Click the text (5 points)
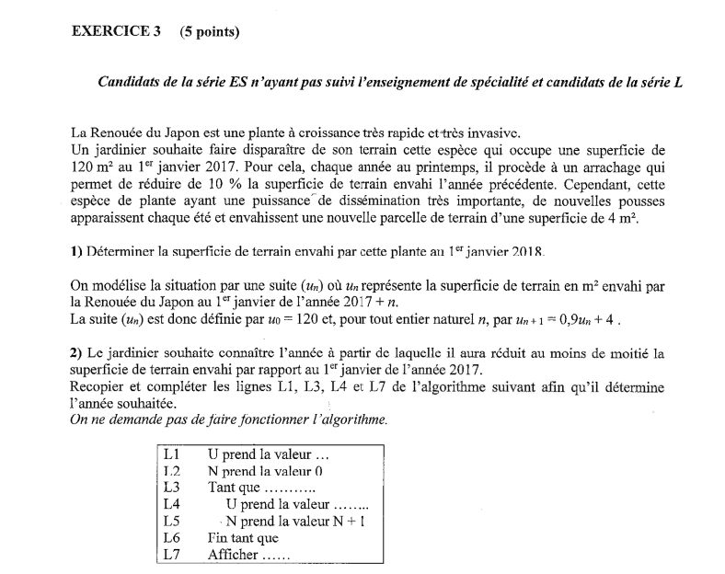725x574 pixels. pyautogui.click(x=209, y=31)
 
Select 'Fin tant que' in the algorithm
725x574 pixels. pyautogui.click(x=243, y=538)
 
